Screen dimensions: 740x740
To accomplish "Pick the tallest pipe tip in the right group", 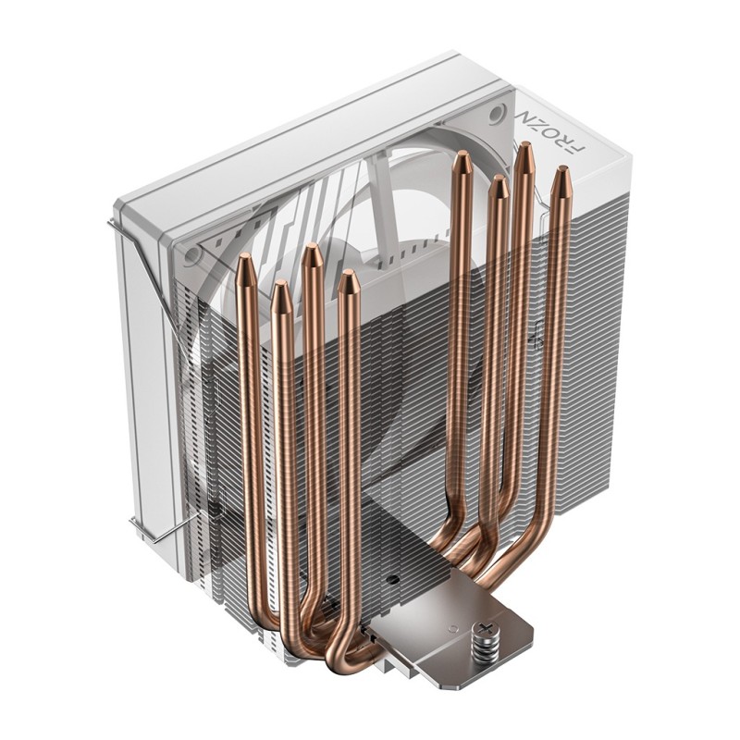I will click(525, 151).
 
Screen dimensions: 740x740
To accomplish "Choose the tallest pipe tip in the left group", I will click(312, 252).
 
